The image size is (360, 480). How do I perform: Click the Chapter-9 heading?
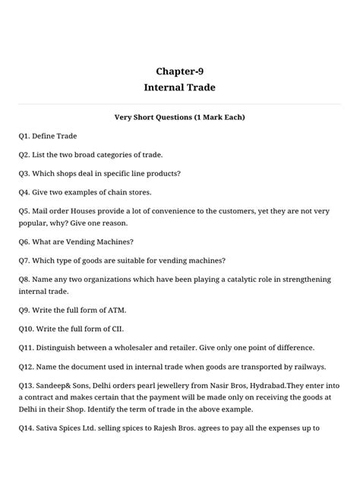point(179,71)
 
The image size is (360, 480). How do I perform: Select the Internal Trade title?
point(179,88)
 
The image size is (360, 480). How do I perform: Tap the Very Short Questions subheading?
point(179,118)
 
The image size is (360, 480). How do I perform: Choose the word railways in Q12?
point(307,365)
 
